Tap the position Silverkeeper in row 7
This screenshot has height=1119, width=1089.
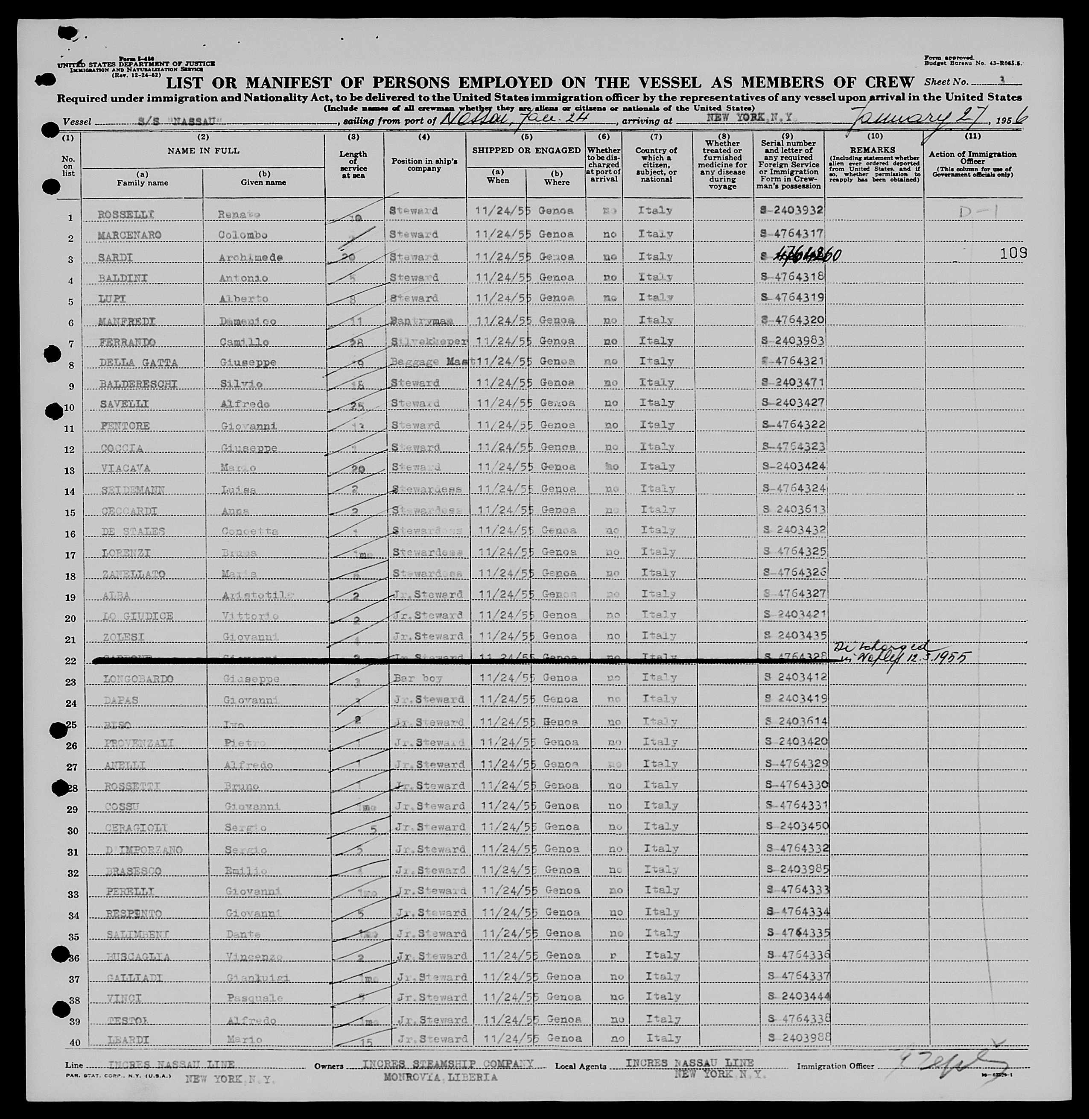pyautogui.click(x=428, y=341)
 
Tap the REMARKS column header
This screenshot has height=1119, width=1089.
pyautogui.click(x=873, y=150)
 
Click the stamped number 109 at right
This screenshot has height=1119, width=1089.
pyautogui.click(x=1013, y=253)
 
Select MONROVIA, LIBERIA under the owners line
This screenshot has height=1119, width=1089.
pyautogui.click(x=440, y=1077)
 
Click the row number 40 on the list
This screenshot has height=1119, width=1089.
pyautogui.click(x=74, y=1043)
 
